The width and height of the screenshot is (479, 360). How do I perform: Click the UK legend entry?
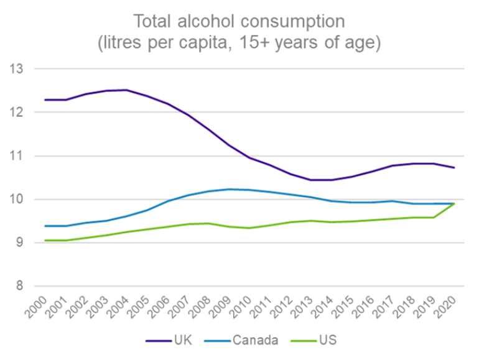(x=181, y=340)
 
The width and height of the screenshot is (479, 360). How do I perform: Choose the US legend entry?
(x=326, y=340)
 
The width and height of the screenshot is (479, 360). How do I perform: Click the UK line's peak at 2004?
(x=127, y=90)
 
